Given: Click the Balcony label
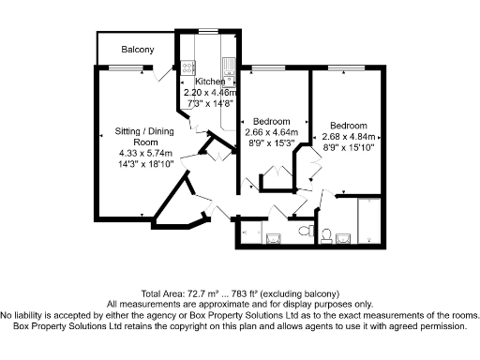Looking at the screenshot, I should (137, 49).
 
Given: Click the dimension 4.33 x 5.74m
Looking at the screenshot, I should (141, 153).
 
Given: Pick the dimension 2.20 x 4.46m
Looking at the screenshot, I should (211, 94).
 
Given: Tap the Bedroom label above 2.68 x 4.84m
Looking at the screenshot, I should (348, 125).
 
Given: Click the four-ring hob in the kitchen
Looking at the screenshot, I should (187, 67).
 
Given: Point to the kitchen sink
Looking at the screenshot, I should (228, 66).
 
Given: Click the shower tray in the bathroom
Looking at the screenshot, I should (369, 220).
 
